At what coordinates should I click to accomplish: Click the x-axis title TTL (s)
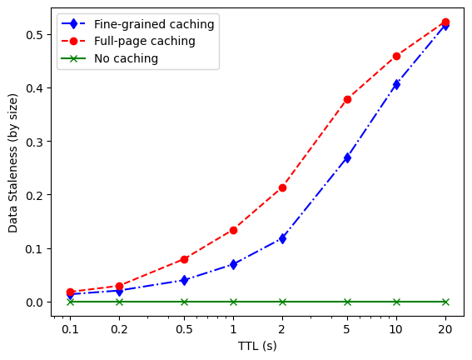[x=257, y=346]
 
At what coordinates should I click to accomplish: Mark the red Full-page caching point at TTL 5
[x=347, y=99]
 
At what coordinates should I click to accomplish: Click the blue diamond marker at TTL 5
[x=347, y=157]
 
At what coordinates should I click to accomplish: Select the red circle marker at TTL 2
[x=282, y=187]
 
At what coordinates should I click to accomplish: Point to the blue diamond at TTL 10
[x=396, y=84]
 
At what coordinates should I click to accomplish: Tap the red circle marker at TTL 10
[x=396, y=56]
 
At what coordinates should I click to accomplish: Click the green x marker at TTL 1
[x=233, y=302]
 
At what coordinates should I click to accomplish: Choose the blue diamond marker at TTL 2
[x=282, y=238]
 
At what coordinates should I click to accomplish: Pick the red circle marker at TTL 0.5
[x=184, y=259]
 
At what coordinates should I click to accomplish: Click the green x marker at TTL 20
[x=445, y=302]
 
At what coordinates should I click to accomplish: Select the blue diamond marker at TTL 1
[x=233, y=264]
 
